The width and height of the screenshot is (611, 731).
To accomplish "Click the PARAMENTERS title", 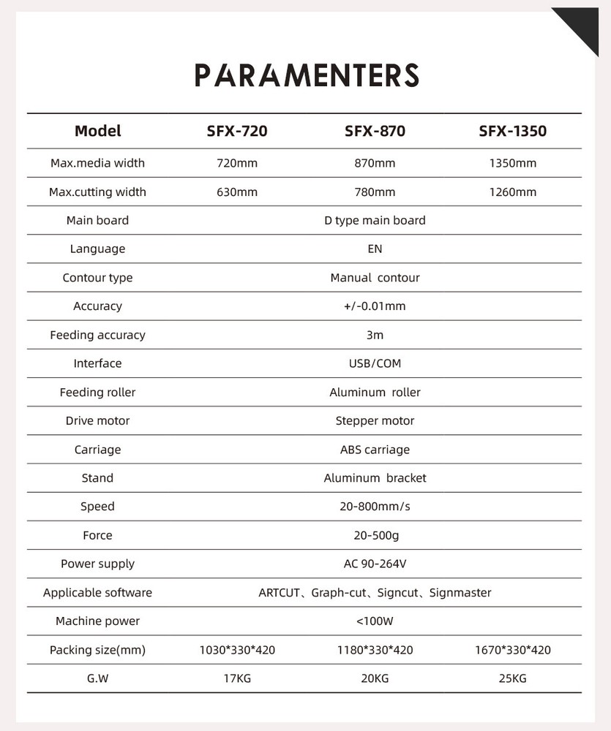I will tap(307, 75).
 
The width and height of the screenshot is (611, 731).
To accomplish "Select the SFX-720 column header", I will tap(237, 132).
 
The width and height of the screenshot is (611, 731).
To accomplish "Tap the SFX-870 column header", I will tap(375, 132).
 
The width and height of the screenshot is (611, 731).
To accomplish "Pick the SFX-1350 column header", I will tap(512, 132).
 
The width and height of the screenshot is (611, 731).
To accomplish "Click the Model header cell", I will tap(97, 132).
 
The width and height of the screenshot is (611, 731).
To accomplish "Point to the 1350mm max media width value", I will tap(512, 163).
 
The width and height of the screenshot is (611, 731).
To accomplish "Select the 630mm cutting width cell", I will tap(237, 192).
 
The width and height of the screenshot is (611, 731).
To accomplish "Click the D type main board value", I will tap(375, 220).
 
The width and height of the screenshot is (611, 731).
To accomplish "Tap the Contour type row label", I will tap(97, 278).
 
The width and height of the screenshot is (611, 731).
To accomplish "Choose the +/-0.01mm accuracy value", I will tap(375, 306).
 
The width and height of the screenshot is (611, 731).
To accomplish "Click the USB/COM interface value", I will tap(375, 363).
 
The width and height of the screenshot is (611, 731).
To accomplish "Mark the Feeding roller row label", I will tap(97, 393).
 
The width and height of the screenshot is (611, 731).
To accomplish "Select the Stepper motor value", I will tap(375, 421).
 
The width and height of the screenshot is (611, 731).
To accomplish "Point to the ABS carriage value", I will tap(375, 450).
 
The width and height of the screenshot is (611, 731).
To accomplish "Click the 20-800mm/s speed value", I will tap(375, 507).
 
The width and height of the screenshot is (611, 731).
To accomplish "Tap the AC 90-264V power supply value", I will tap(375, 564).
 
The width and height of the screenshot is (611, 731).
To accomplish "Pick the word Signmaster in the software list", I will tap(460, 593).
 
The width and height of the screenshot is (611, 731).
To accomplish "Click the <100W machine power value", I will tap(375, 621).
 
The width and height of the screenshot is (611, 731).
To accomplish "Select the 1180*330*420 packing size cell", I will tap(375, 650).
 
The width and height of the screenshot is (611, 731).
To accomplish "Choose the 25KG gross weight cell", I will tap(512, 678).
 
